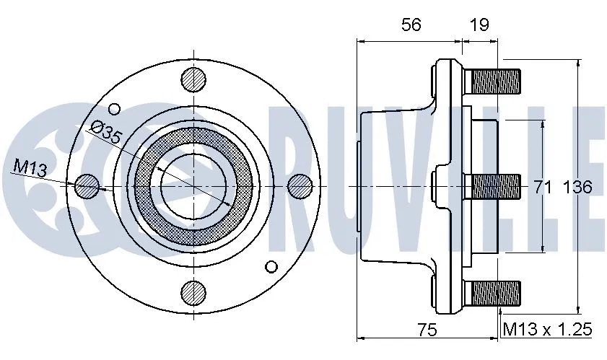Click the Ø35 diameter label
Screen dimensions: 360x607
105,132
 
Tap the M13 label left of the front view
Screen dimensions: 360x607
30,169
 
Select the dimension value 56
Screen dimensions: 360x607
410,25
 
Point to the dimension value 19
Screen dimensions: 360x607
479,25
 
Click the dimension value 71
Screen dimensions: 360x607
543,187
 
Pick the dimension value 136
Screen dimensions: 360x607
577,187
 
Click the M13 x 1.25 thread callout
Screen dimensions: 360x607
548,330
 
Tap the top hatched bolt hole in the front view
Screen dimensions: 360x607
193,79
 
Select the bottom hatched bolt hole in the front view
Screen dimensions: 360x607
193,292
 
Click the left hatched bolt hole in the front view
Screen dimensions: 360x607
87,186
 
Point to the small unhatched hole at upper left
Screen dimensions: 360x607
115,108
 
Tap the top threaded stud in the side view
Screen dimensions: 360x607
495,79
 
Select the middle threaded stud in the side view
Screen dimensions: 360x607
495,186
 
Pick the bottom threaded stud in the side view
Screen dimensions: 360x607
495,292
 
